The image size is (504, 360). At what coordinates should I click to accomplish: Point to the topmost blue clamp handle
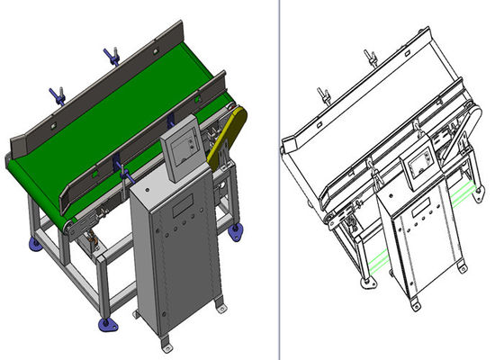[112, 57]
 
